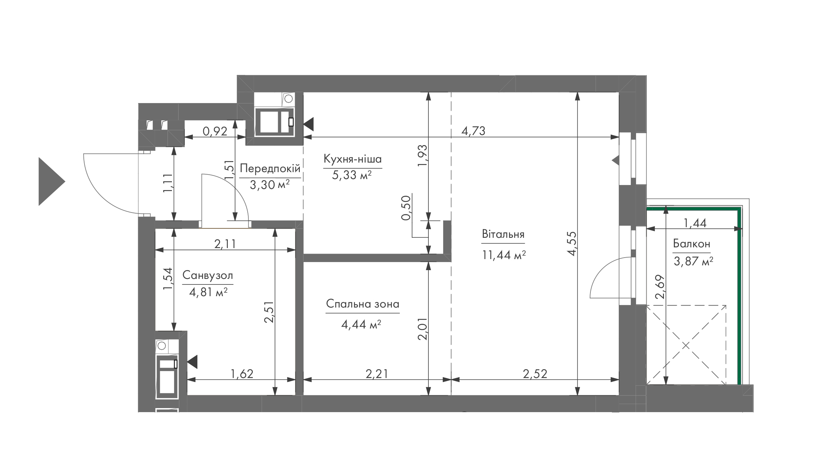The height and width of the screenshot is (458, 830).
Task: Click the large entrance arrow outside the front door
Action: (52, 181)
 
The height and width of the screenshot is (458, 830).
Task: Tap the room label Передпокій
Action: (270, 169)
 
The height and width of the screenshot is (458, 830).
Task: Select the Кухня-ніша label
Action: (353, 159)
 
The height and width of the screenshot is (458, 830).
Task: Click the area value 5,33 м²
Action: (352, 175)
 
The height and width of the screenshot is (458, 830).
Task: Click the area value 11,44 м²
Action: (504, 254)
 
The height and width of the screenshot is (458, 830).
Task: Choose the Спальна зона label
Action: (363, 304)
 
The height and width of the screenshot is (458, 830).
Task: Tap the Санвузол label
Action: (208, 275)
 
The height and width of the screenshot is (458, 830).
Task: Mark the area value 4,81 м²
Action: (208, 292)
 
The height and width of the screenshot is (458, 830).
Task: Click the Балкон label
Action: (691, 244)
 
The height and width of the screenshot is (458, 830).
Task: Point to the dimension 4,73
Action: (473, 131)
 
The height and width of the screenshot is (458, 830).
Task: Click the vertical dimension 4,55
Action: (572, 243)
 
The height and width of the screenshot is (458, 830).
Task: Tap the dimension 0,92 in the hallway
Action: (215, 131)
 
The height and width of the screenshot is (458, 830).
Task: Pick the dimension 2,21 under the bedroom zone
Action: (377, 374)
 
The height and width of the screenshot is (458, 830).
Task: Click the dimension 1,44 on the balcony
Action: (695, 223)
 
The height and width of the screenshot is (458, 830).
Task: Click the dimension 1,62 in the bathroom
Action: (242, 374)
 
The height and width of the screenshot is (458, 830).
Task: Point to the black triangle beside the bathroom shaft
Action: (193, 362)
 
